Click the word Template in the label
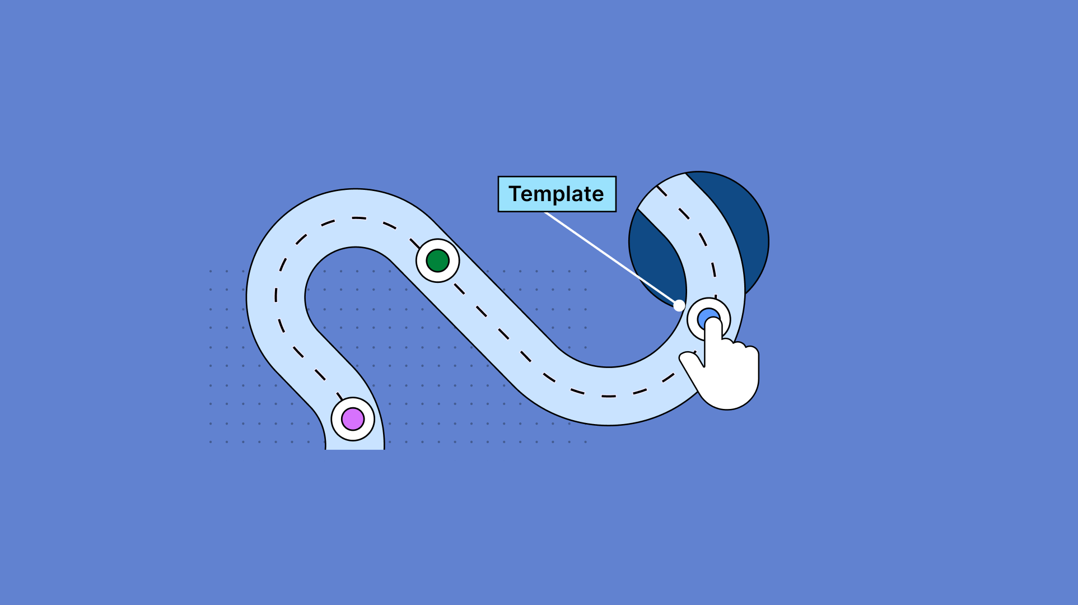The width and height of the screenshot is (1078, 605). tap(557, 194)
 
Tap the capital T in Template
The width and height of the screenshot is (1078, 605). tap(515, 194)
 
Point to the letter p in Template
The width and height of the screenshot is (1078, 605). tap(562, 196)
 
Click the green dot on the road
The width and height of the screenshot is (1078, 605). tap(437, 260)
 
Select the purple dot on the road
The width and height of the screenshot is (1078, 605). tap(353, 419)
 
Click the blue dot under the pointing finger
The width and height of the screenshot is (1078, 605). tap(703, 317)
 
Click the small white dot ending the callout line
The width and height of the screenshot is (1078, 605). tap(679, 305)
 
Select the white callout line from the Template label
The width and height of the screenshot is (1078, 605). tap(610, 258)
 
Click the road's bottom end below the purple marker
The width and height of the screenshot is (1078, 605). tap(354, 444)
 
